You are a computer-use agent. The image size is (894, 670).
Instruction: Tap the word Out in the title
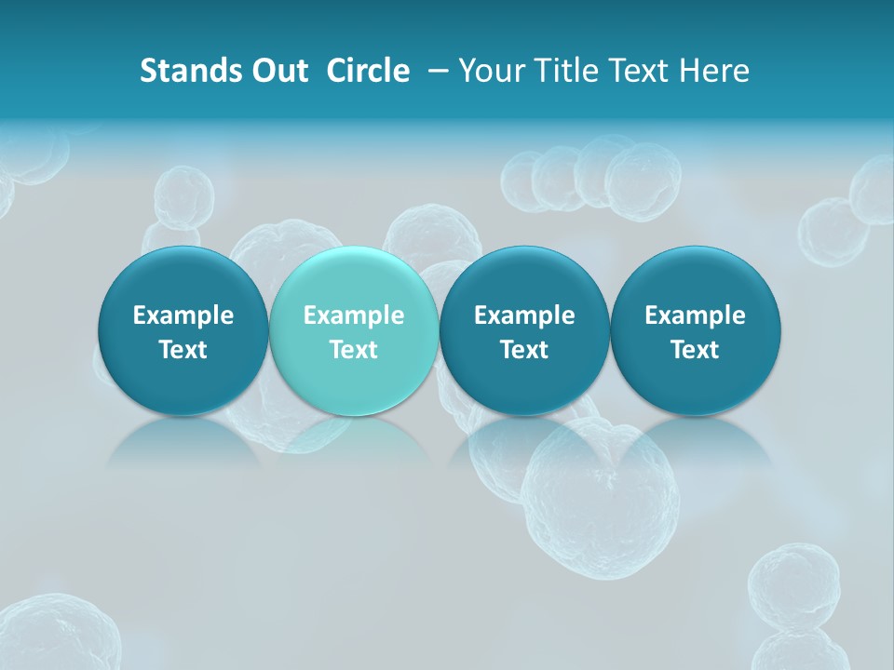coord(278,71)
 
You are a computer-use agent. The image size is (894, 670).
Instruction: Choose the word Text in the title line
coord(636,71)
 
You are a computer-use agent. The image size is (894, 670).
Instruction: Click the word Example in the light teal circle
coord(354,315)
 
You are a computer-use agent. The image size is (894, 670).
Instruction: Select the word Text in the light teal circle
coord(354,350)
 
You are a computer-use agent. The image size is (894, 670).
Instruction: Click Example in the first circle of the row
coord(183,315)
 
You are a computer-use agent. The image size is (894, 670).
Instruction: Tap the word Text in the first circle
coord(183,350)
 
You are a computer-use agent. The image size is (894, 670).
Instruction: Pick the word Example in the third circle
coord(524,315)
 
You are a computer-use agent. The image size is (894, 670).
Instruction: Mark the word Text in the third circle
coord(524,350)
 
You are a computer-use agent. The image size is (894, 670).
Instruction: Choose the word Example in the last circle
coord(695,315)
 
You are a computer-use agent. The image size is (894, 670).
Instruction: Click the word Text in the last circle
coord(695,350)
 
